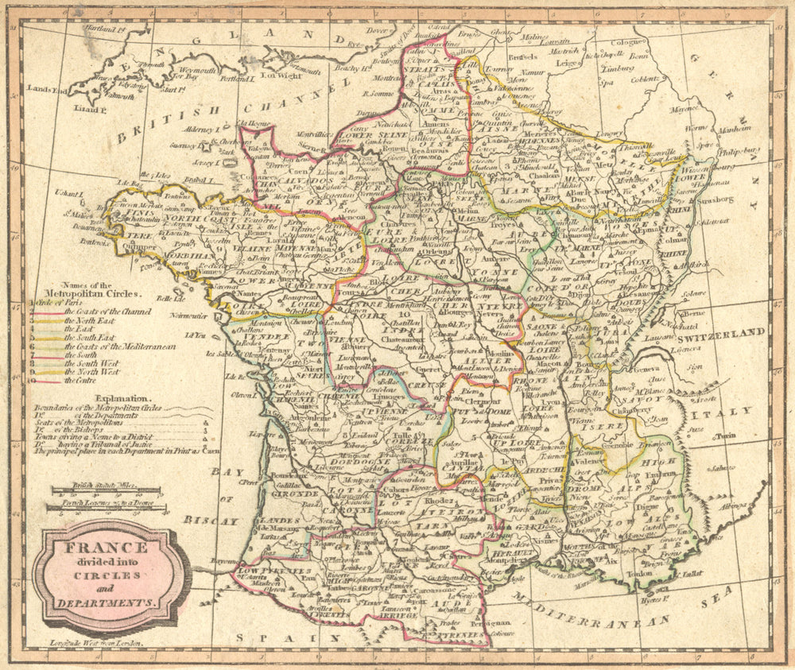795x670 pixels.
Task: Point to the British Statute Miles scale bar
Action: pyautogui.click(x=105, y=490)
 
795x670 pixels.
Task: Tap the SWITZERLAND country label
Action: pyautogui.click(x=723, y=332)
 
